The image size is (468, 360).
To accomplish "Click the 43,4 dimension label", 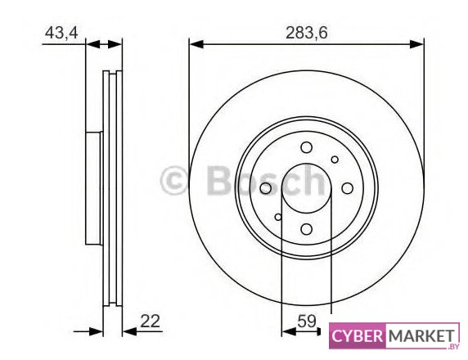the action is tap(61, 33).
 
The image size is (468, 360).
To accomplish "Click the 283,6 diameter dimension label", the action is tap(307, 33).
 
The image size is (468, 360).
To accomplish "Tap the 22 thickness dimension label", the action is tap(150, 322).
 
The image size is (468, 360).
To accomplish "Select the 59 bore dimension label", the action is tap(307, 322).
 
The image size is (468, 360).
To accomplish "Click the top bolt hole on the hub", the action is tap(307, 147).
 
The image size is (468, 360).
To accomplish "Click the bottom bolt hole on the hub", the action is tap(307, 229).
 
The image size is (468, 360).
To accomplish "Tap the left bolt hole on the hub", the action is tap(266, 188).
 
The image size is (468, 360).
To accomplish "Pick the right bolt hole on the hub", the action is tap(347, 188).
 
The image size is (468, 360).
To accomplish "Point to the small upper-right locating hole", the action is tap(335, 160).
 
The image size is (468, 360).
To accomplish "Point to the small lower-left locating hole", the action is tap(278, 217).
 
